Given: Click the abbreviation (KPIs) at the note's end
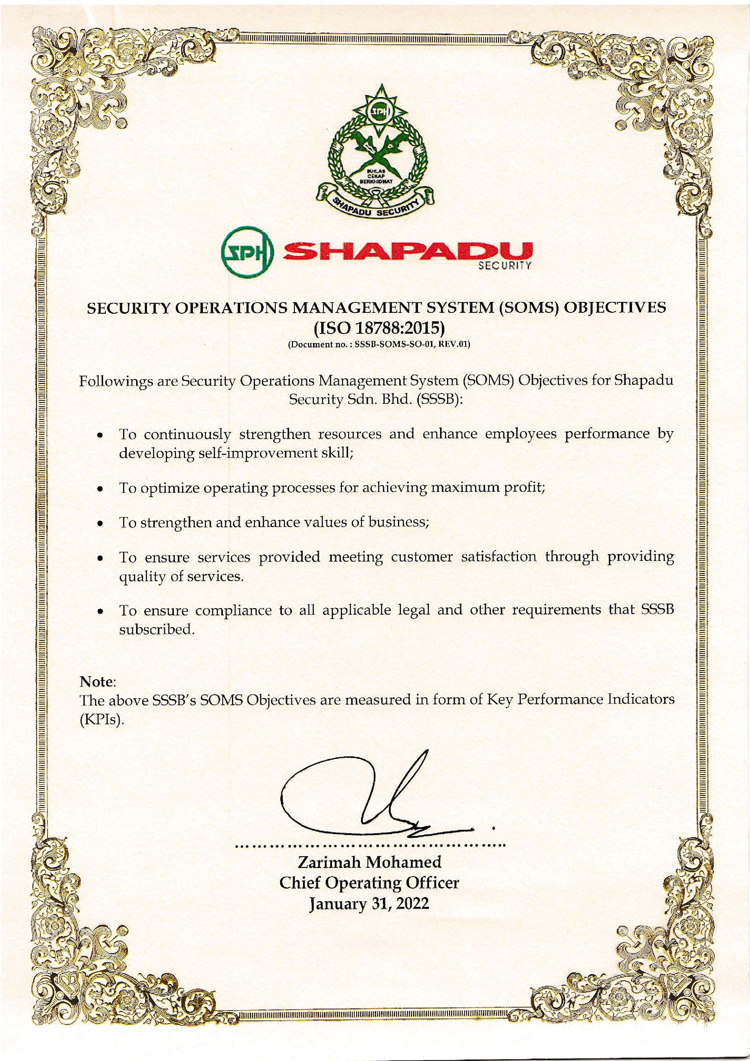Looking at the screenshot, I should [x=102, y=721].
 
